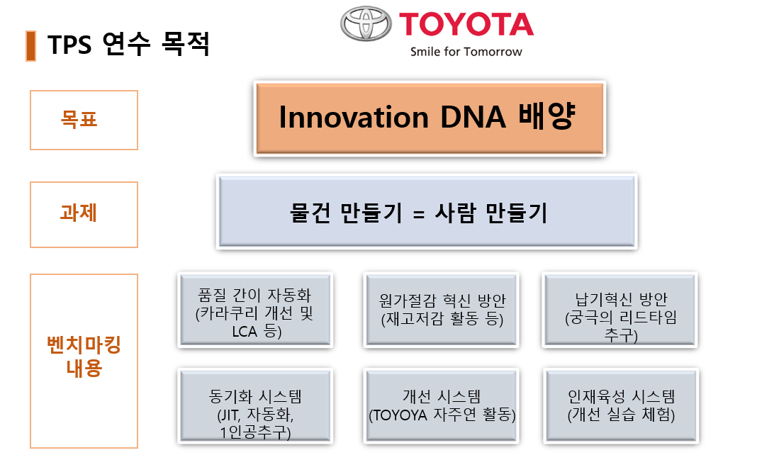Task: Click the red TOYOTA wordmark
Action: point(466,23)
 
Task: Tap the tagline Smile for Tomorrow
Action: point(466,52)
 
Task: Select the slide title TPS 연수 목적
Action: point(128,45)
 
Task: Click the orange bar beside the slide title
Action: point(30,45)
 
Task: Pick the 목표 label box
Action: point(84,120)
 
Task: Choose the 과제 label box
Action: point(84,215)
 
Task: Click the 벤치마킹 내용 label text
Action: point(84,357)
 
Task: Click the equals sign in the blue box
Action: point(418,213)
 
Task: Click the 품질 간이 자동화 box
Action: point(254,310)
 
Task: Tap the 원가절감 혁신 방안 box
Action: point(442,310)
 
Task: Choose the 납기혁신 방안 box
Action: point(621,310)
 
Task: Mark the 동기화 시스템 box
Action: point(254,406)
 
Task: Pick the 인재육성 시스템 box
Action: point(621,406)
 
